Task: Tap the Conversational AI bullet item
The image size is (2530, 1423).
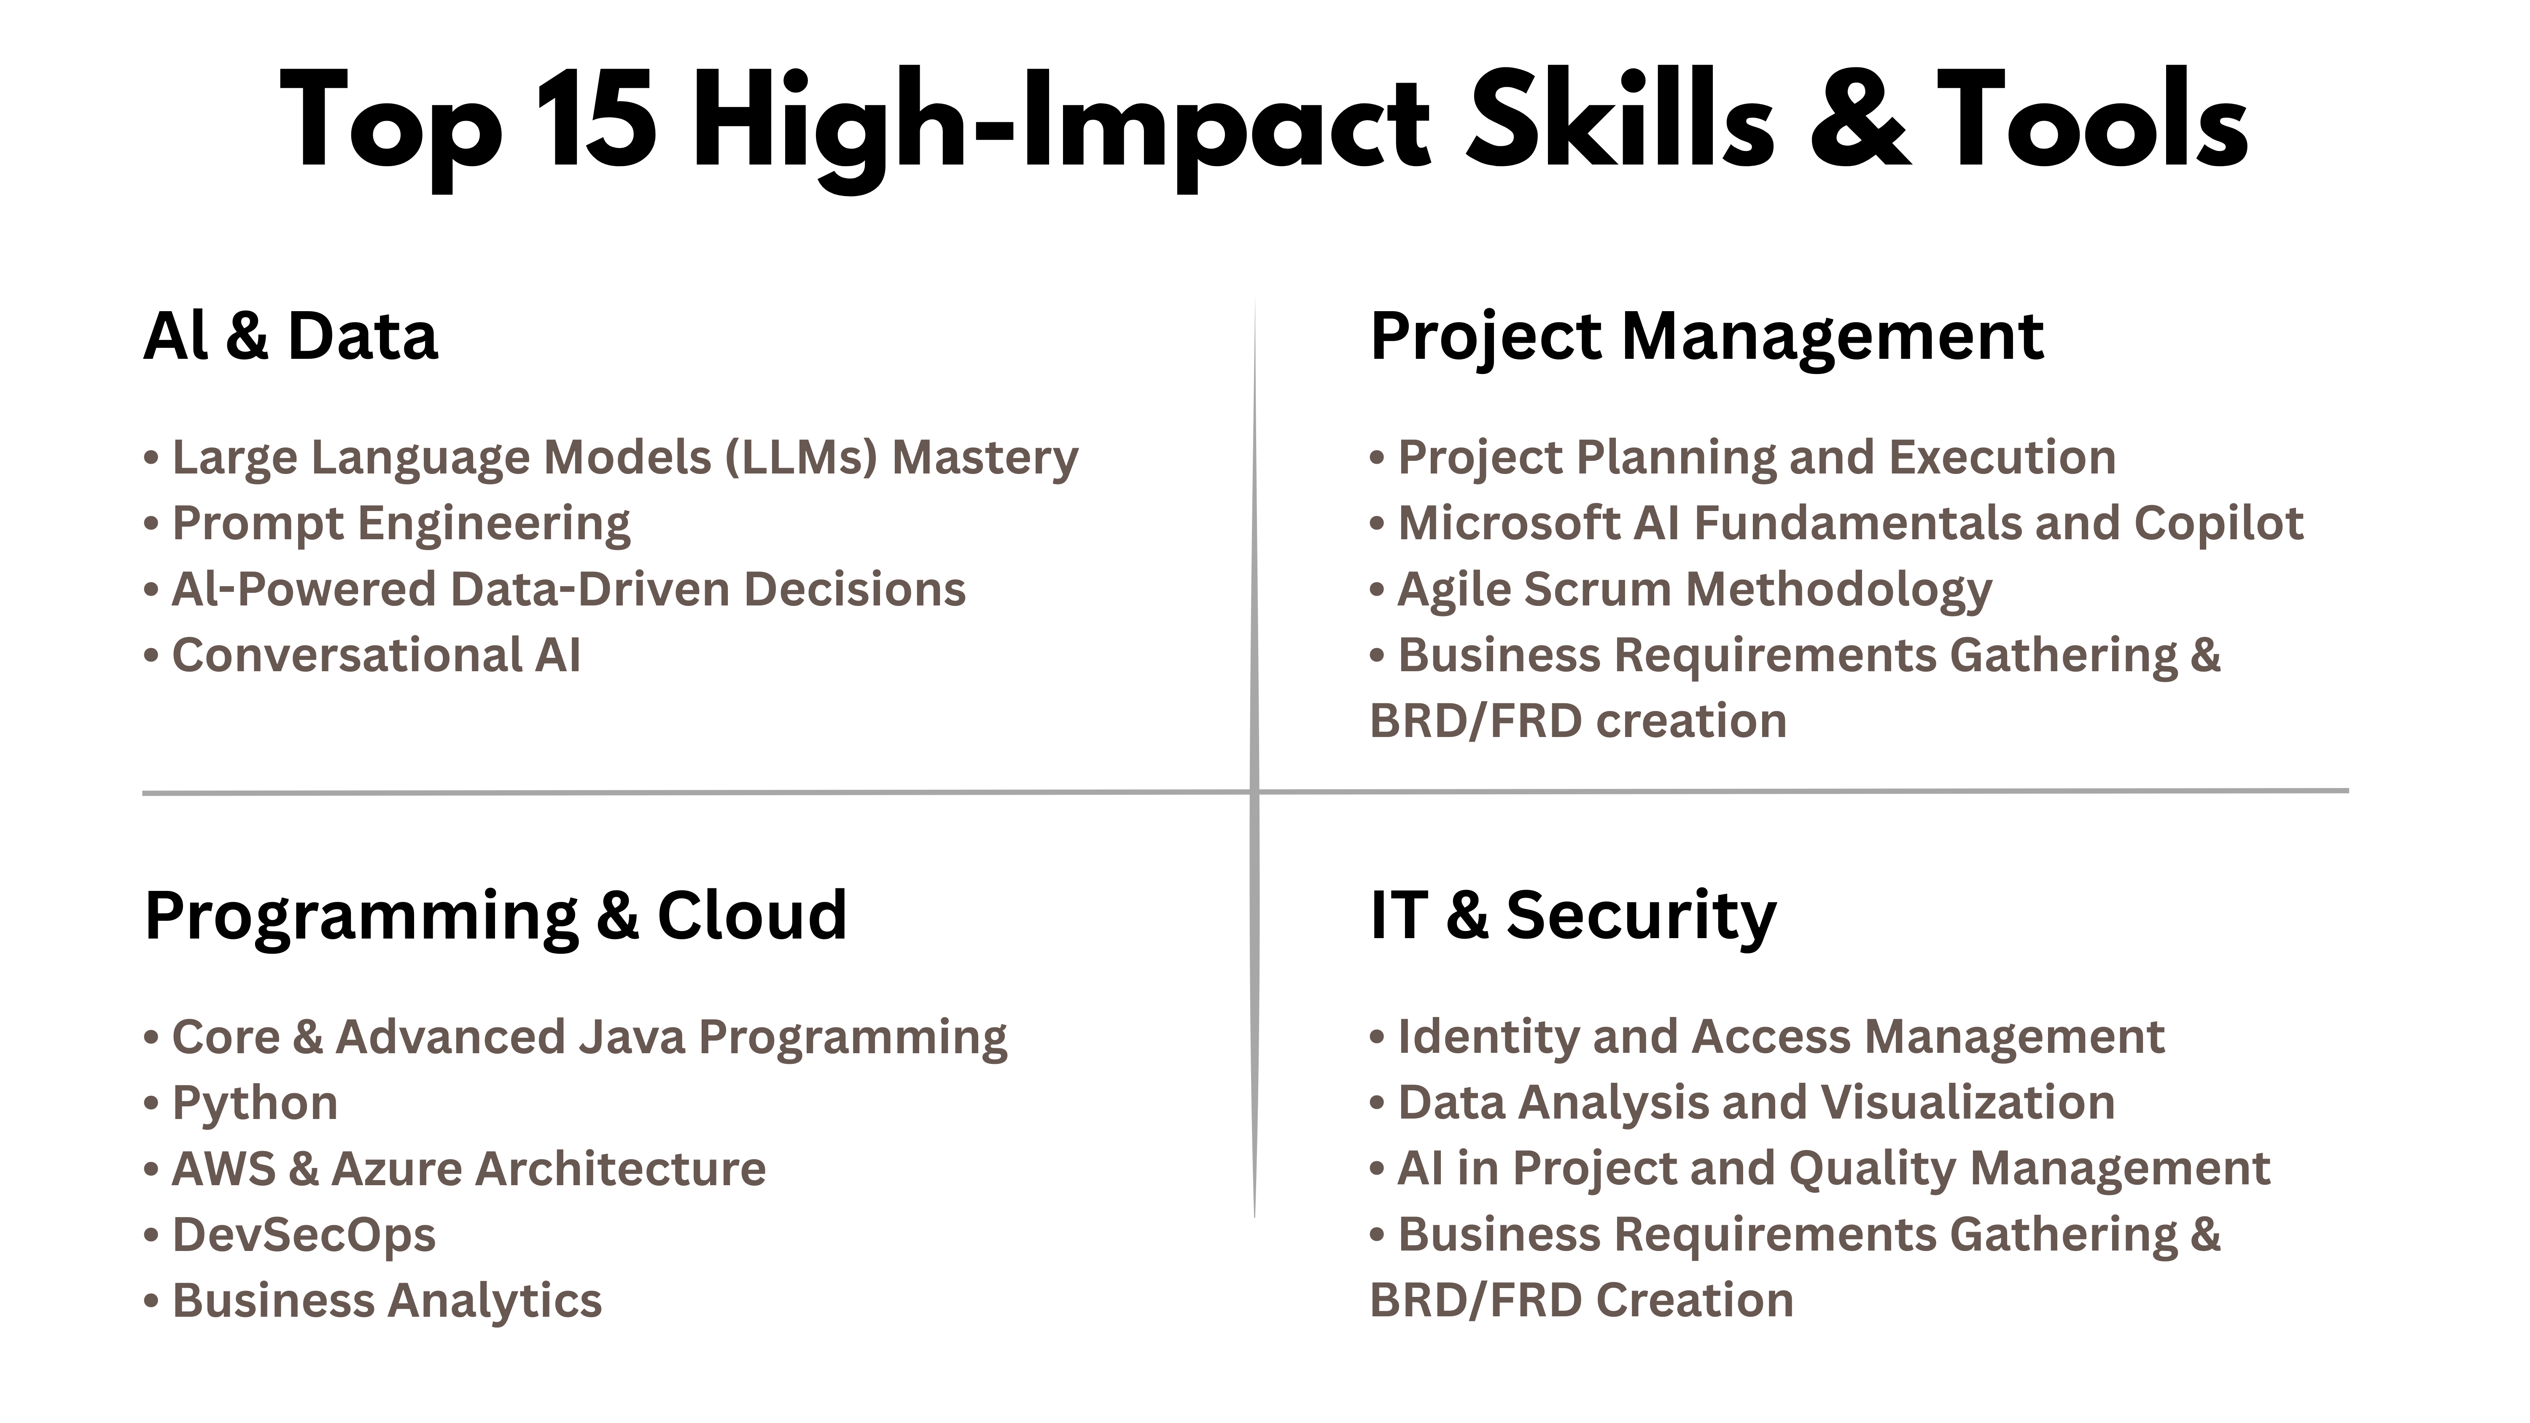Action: (x=362, y=655)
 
